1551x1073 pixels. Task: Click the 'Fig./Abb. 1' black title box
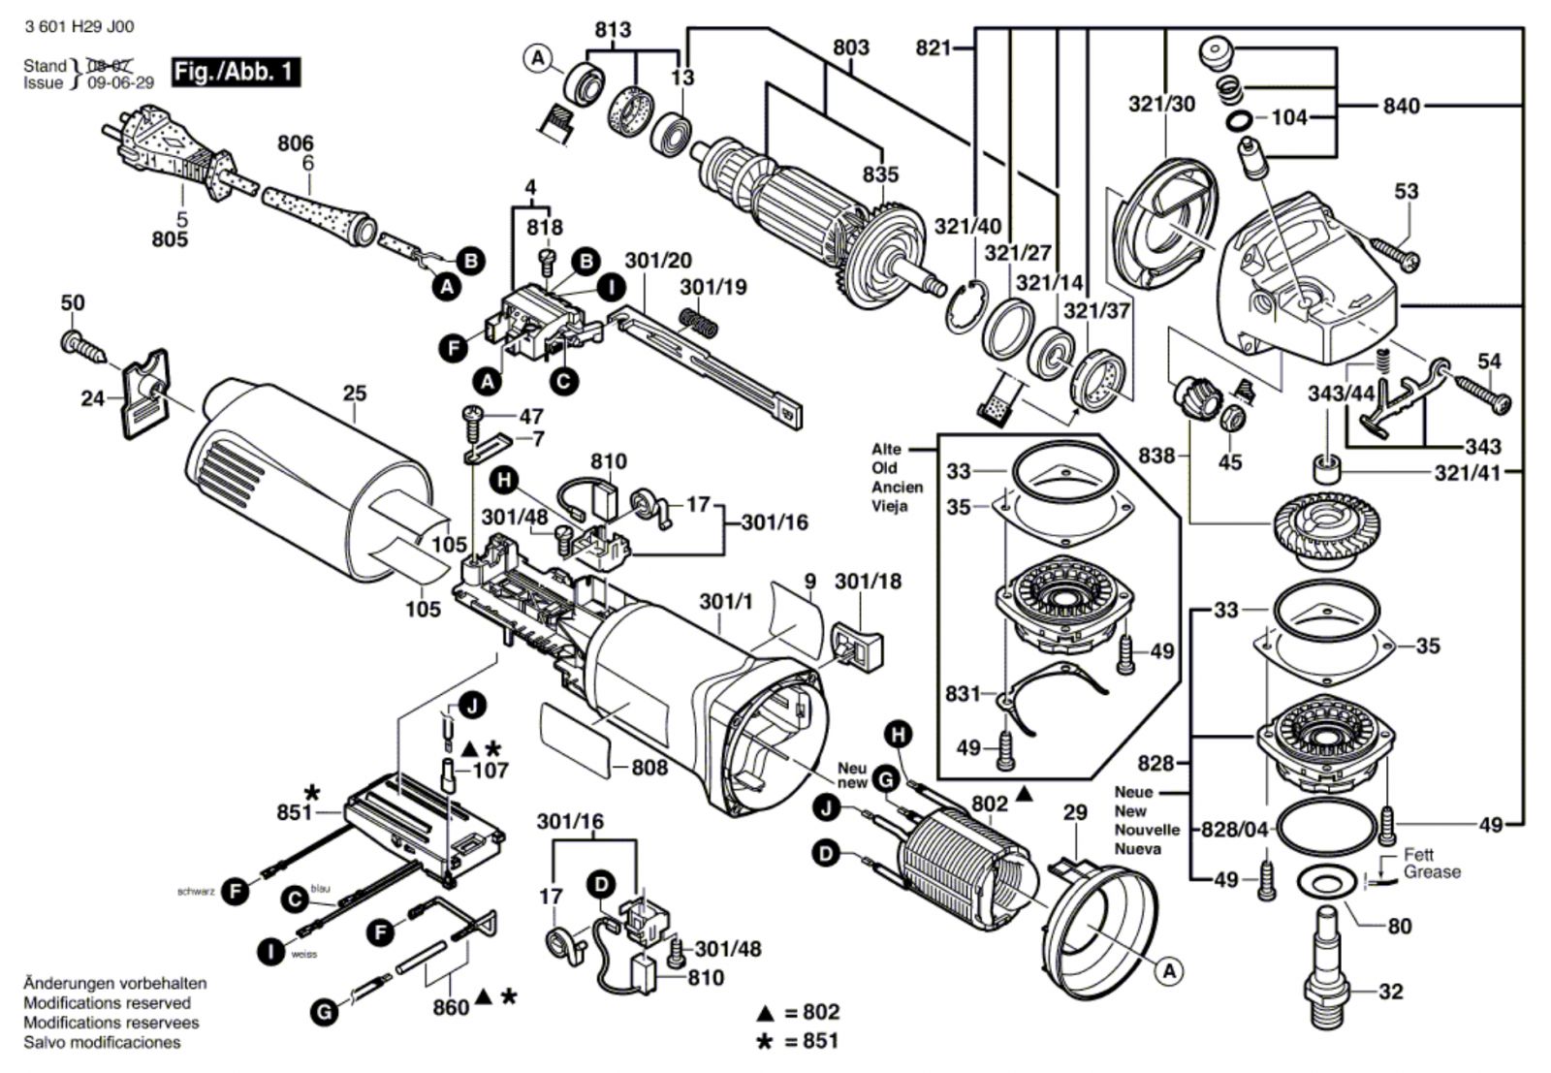coord(236,72)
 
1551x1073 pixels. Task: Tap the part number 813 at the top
coord(613,30)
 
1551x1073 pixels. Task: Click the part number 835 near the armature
coord(880,174)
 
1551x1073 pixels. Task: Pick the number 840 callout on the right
coord(1401,105)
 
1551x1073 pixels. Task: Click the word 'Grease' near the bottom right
coord(1432,871)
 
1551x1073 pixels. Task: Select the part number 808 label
coord(649,768)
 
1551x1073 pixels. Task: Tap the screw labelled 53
coord(1396,251)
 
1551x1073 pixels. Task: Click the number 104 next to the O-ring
coord(1289,117)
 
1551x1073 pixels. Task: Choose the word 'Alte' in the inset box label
coord(886,449)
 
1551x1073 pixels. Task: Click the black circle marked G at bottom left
coord(324,1013)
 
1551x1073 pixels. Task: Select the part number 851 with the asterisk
coord(295,811)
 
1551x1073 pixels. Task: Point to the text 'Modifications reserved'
coord(107,1003)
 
